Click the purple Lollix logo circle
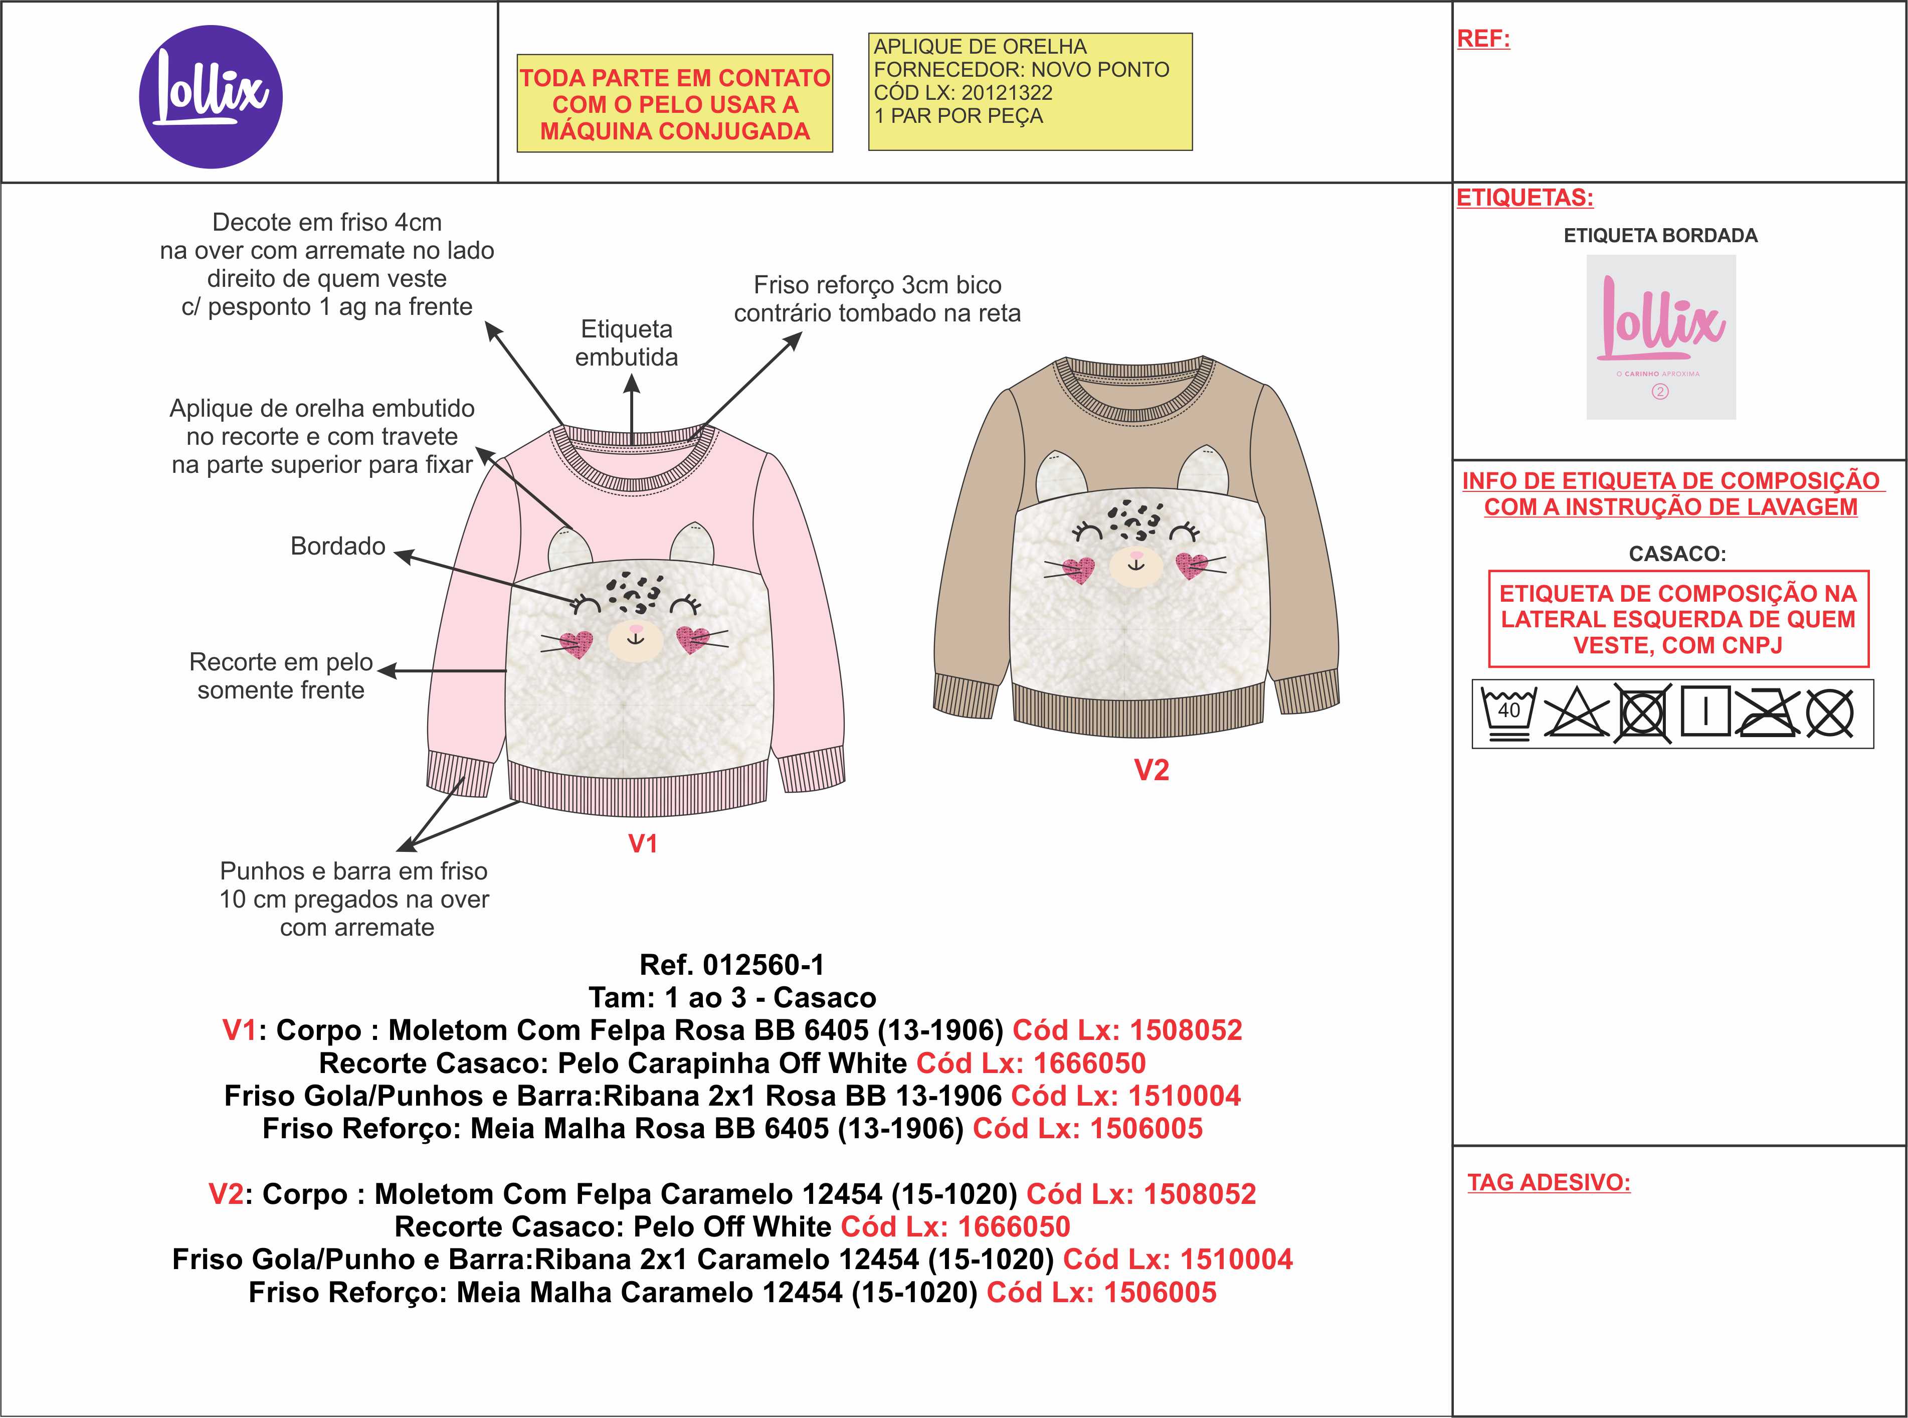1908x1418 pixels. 210,96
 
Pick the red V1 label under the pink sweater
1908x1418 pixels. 643,844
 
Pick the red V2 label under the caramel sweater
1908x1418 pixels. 1151,770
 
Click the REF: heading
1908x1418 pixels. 1483,39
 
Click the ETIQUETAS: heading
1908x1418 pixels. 1524,198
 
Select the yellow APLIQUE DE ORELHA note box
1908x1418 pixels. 1030,92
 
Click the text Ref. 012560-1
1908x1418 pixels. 731,965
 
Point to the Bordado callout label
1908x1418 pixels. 337,546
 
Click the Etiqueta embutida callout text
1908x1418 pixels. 627,342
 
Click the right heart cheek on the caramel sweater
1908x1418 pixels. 1191,565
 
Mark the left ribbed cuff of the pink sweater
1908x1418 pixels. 459,773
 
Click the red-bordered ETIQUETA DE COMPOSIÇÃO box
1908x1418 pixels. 1678,619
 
